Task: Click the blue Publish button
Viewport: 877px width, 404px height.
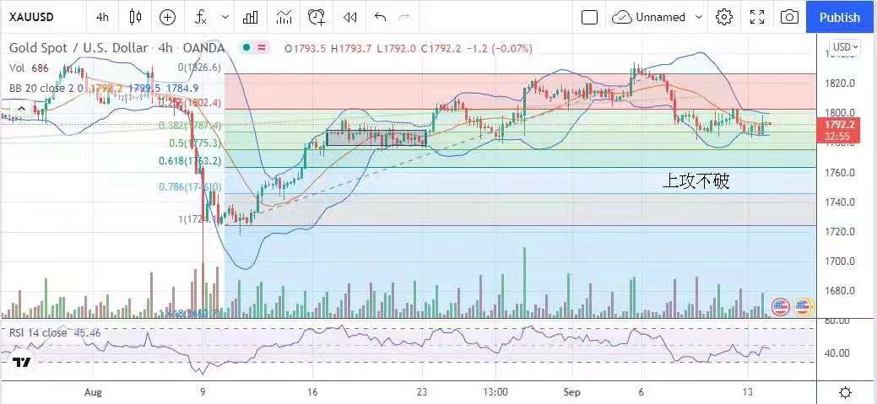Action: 840,17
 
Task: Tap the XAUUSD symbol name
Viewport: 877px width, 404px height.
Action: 32,17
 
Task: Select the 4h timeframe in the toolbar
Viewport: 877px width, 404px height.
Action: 102,17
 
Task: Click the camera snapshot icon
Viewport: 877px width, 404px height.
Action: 789,17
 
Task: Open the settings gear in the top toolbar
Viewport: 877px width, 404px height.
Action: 723,17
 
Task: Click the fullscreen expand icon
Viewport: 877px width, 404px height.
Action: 757,17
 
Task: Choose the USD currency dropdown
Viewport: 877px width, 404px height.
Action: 844,47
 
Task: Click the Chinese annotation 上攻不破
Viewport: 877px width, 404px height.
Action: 696,180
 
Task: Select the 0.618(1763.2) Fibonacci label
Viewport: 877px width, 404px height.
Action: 190,160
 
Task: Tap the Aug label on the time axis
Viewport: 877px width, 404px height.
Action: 94,392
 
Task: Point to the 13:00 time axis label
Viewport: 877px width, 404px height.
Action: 495,392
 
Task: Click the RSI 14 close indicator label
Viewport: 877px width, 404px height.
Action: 39,332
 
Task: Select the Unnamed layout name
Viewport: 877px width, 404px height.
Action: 661,17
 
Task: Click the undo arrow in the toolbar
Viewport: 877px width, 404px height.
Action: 380,17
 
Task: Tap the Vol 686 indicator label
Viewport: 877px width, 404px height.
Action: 30,67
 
